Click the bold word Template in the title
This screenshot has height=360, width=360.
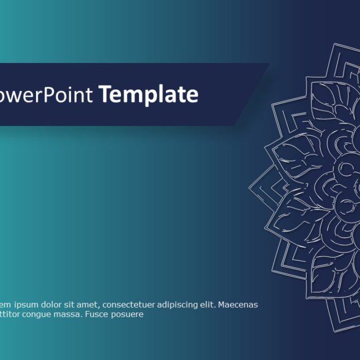[x=149, y=95]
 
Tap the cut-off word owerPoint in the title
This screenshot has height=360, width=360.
[x=47, y=95]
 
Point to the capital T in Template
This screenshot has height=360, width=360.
[x=105, y=94]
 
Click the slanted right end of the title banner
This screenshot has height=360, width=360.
[x=256, y=93]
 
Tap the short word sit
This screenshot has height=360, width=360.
[x=73, y=305]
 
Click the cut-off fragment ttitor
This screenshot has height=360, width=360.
[x=11, y=314]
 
